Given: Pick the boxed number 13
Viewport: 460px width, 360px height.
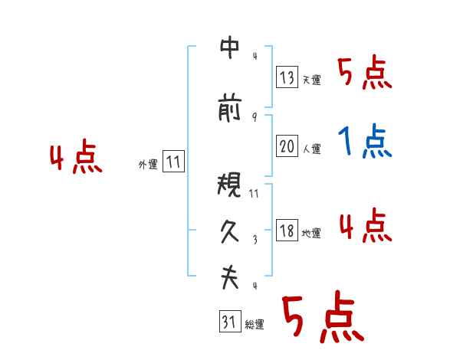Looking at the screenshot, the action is [287, 77].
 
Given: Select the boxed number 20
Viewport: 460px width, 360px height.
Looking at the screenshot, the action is [287, 146].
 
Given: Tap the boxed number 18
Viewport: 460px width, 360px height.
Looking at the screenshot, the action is [287, 231].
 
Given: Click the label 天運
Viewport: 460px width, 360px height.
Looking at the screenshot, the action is [311, 80].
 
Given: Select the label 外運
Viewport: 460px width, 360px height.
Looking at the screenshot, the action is [148, 164].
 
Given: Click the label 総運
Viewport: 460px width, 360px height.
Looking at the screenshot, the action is [255, 325].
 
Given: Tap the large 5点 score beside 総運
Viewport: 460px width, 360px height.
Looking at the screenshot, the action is [322, 319].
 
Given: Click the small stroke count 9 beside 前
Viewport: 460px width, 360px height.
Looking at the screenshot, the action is [254, 116].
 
